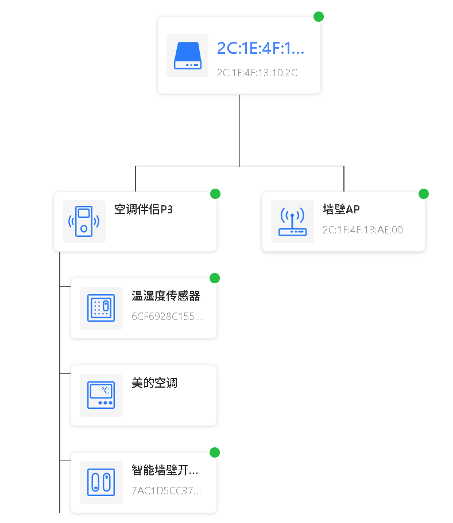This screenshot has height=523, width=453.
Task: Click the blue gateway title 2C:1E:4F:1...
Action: coord(260,48)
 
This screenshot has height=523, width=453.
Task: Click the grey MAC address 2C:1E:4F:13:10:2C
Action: coord(257,73)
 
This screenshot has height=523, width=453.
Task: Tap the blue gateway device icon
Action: coord(187,55)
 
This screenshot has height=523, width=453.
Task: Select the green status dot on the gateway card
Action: coord(319,17)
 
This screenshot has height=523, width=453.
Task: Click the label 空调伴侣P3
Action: coord(144,209)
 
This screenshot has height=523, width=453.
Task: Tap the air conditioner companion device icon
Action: coord(84,221)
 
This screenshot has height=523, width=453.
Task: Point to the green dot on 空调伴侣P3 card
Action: coord(215,194)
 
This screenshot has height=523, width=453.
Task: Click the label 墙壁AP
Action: coord(341,209)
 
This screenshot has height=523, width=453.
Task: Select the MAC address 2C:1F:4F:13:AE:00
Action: coord(362,230)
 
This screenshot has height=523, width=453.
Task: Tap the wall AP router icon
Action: coord(292,221)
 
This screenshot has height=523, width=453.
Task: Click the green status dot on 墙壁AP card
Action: coord(424,194)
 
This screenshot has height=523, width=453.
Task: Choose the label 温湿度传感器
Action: coord(166,296)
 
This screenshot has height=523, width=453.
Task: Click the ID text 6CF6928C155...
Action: coord(167,316)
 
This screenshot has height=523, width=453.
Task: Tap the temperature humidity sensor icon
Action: coord(101,308)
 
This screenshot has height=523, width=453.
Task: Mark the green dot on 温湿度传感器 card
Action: coord(215,278)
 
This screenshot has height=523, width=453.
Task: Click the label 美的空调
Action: coord(154,383)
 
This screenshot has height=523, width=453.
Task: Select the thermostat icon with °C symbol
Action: coord(101,395)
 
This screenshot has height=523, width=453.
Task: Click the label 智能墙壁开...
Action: coord(165,470)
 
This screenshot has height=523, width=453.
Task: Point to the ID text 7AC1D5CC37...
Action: coord(167,491)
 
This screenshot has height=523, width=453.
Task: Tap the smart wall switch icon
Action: coord(101,482)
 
